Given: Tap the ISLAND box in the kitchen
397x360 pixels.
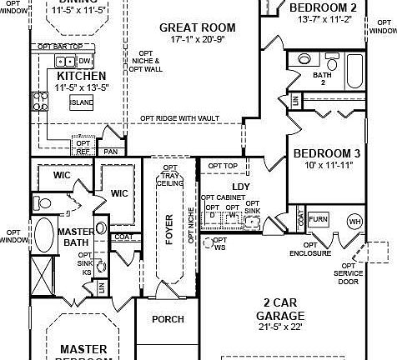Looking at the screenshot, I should click(x=81, y=102).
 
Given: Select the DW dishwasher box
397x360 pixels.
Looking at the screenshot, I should click(x=84, y=62).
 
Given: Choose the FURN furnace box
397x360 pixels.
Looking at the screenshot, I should click(x=318, y=219).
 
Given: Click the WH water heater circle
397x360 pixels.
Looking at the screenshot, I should click(x=354, y=222).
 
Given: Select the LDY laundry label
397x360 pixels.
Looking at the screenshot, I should click(x=241, y=187).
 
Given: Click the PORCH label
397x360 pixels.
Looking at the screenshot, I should click(x=168, y=319).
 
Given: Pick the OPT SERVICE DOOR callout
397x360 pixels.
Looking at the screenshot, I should click(x=347, y=273).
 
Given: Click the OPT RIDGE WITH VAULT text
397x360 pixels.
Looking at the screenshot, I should click(x=179, y=118).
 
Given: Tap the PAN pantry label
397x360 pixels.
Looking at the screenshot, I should click(x=110, y=152).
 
